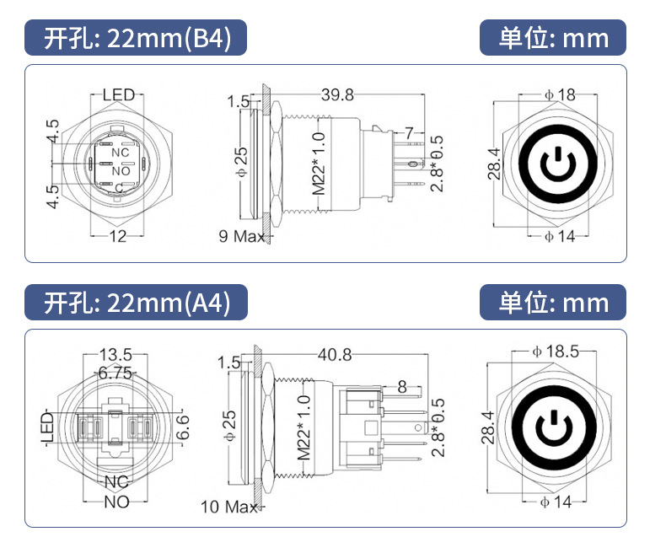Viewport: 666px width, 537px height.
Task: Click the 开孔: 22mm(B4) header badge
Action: tap(137, 39)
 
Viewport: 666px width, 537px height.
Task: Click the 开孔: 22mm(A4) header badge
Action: tap(137, 303)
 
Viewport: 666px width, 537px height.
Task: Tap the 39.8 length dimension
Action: tap(336, 94)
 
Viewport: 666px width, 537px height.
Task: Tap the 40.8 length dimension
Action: tap(336, 357)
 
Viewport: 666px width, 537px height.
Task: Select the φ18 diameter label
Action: tap(560, 94)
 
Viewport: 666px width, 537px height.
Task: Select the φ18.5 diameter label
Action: tap(555, 352)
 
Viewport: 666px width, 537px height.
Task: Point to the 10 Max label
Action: tap(228, 507)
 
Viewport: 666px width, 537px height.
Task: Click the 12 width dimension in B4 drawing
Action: tap(118, 236)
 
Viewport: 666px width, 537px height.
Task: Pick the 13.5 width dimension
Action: tap(115, 354)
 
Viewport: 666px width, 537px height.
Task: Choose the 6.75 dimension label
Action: tap(115, 372)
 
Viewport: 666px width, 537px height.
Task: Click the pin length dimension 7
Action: tap(409, 133)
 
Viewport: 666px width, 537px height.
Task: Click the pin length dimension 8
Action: tap(401, 388)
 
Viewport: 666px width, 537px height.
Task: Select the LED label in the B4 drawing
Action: tap(118, 94)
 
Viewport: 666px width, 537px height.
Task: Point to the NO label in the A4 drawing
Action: tap(115, 502)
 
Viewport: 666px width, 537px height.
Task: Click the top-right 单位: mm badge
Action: tap(553, 39)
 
